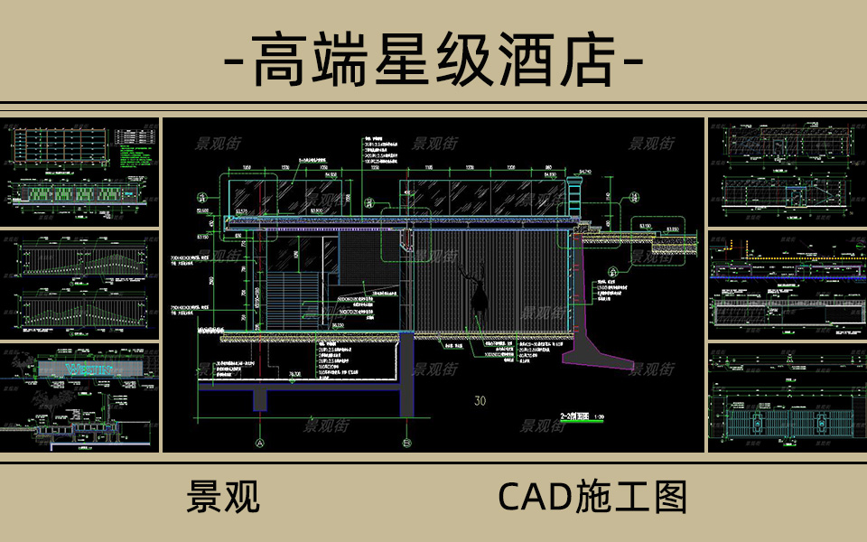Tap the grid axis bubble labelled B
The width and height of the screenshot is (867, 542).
[x=407, y=443]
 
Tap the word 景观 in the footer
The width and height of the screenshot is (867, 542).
[x=223, y=496]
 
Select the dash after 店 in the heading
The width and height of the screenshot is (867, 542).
[x=632, y=61]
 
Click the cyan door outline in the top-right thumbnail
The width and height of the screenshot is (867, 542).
[x=795, y=198]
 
